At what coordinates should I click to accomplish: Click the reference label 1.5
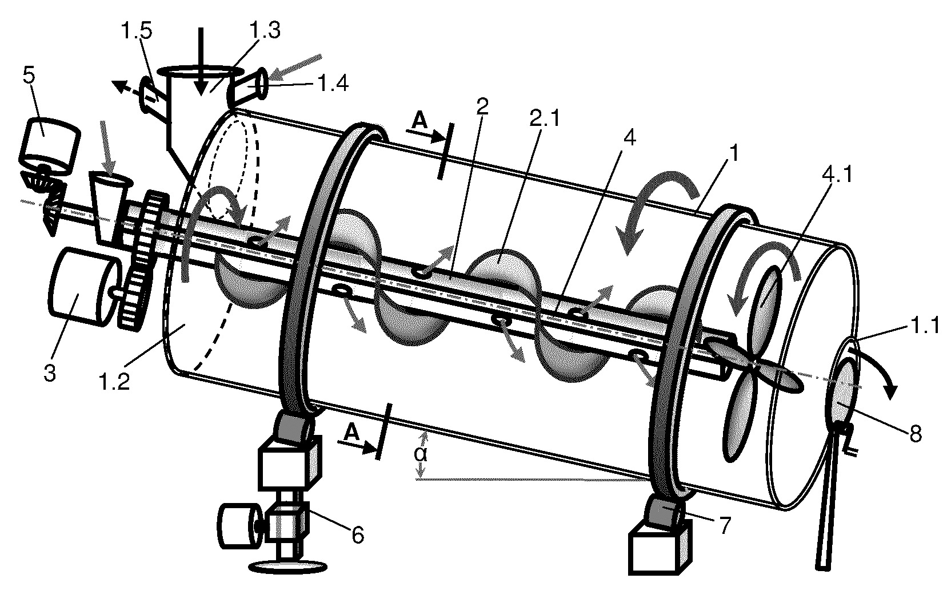pyautogui.click(x=136, y=31)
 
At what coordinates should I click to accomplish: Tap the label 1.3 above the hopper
pyautogui.click(x=265, y=30)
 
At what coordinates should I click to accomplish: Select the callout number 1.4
pyautogui.click(x=333, y=83)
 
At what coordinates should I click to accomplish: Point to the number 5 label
pyautogui.click(x=29, y=75)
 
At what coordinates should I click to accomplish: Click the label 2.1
pyautogui.click(x=545, y=118)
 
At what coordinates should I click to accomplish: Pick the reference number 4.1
pyautogui.click(x=837, y=173)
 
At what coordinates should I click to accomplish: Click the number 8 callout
pyautogui.click(x=916, y=434)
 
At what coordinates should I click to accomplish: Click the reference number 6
pyautogui.click(x=358, y=535)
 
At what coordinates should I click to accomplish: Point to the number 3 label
pyautogui.click(x=50, y=373)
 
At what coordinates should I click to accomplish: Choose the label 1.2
pyautogui.click(x=114, y=382)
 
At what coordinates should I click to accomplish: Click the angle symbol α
pyautogui.click(x=421, y=454)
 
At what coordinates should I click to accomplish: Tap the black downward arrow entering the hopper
pyautogui.click(x=201, y=61)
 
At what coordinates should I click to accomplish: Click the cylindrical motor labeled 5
pyautogui.click(x=50, y=146)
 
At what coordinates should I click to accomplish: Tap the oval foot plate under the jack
pyautogui.click(x=288, y=566)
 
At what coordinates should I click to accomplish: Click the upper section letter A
pyautogui.click(x=419, y=120)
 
